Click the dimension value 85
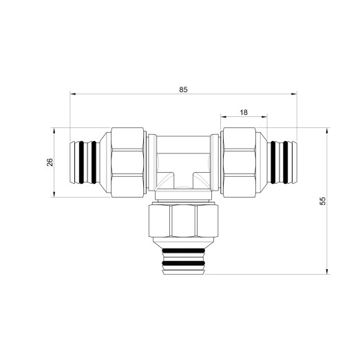182,89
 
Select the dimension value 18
244,112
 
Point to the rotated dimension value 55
321,201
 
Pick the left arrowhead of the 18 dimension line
222,118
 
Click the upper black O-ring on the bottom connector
182,251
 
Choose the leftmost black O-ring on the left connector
77,162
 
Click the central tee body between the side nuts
182,162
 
